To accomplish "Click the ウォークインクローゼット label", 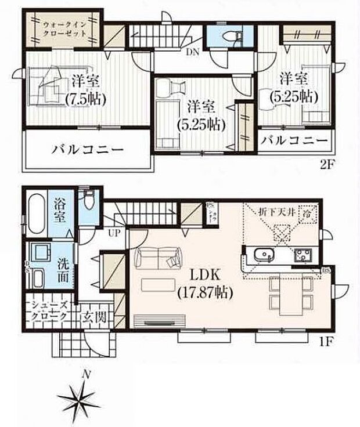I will point(64,30).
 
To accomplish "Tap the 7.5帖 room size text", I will point(85,99).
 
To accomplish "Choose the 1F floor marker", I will point(327,341).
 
